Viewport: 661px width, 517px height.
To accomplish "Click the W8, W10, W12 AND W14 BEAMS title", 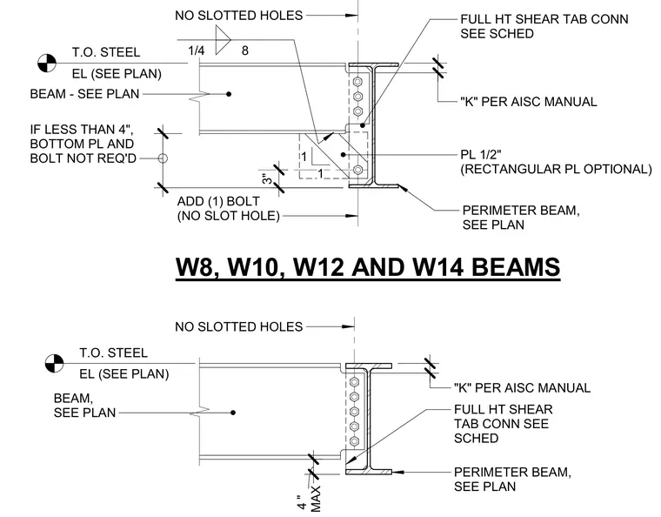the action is tap(368, 267).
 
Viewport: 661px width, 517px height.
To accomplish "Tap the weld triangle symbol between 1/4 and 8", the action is tap(222, 40).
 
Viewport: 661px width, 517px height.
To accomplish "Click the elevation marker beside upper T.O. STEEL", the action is tap(47, 64).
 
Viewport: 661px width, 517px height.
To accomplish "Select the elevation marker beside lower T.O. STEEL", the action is tap(54, 363).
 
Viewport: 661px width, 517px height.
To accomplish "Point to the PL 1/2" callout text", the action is tap(481, 154).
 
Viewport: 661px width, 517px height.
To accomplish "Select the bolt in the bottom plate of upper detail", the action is tap(358, 170).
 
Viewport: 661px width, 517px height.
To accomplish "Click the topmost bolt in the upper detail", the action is tap(358, 82).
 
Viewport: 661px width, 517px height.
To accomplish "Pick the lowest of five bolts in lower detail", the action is tap(355, 441).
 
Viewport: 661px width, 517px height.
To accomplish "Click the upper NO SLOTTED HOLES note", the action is tap(238, 16).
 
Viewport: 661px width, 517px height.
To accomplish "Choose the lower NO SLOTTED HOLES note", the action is tap(238, 326).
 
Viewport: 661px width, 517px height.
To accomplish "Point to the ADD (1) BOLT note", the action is tap(218, 201).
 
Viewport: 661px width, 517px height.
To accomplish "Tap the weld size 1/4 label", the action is tap(196, 50).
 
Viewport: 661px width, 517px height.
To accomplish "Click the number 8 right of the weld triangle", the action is tap(245, 50).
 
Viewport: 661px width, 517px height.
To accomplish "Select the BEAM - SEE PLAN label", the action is tap(84, 94).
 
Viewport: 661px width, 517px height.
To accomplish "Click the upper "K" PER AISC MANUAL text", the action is tap(529, 102).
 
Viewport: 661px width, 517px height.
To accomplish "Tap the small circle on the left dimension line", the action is tap(163, 158).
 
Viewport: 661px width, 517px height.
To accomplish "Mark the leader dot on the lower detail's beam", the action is tap(233, 413).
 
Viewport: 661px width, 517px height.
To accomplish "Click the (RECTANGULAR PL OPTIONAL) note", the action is tap(556, 169).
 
